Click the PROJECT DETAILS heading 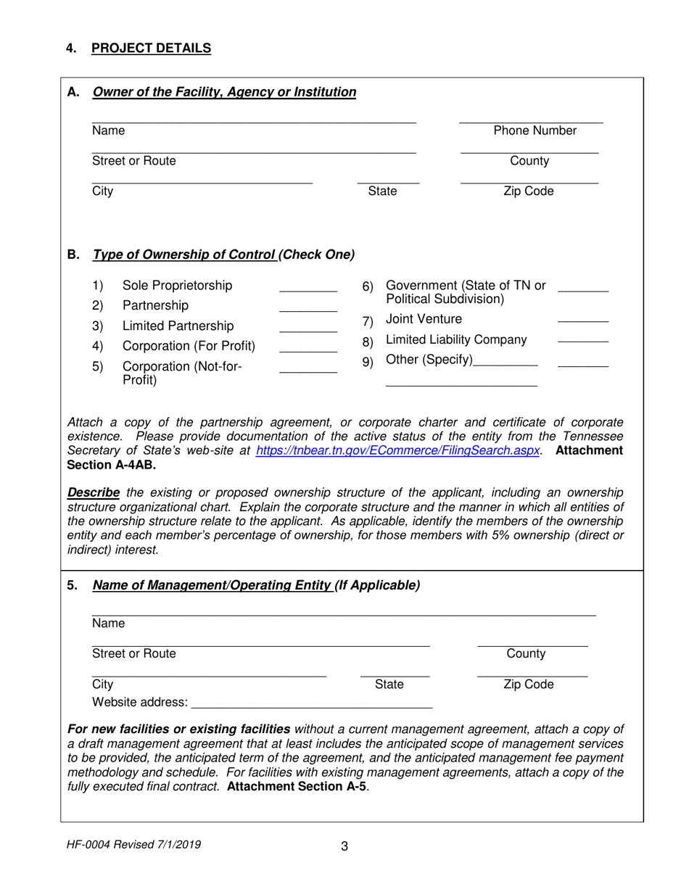click(x=151, y=49)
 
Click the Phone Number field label click(x=535, y=131)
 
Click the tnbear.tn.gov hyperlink click(x=398, y=450)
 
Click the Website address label click(x=139, y=702)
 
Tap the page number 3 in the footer click(x=344, y=846)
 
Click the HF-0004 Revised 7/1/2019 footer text click(x=134, y=844)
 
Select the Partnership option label click(x=155, y=305)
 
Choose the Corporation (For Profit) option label click(x=189, y=346)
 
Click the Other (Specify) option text click(x=429, y=360)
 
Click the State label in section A click(x=382, y=191)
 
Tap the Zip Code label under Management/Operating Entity click(x=528, y=685)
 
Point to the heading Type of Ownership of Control click(x=184, y=255)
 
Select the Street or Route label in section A click(x=133, y=161)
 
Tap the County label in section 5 click(x=526, y=653)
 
